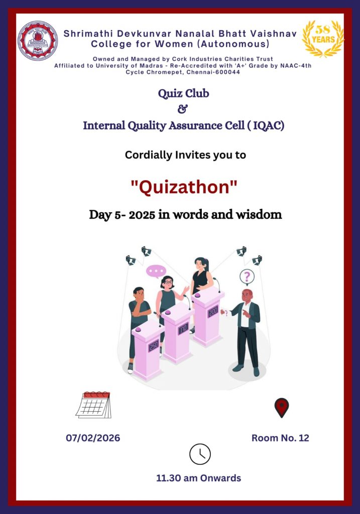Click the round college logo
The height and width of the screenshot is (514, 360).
coord(38,41)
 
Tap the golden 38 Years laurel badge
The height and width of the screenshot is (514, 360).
coord(323,38)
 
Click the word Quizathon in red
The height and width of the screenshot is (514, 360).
coord(184,187)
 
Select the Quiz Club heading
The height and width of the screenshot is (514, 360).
coord(184,93)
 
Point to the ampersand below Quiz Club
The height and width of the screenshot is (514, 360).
coord(182,109)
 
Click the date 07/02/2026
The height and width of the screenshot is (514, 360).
coord(93,438)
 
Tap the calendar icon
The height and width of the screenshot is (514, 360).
coord(93,405)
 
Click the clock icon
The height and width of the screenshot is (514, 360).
coord(200,454)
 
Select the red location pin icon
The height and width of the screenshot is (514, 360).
coord(282,408)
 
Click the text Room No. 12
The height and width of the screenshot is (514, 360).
coord(280,438)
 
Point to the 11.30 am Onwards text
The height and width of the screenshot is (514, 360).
coord(199,478)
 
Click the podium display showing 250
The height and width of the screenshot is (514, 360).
coord(154,345)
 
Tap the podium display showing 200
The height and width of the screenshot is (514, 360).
coord(213,311)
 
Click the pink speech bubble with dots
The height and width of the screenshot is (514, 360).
coord(156,272)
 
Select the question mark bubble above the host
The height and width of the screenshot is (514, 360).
coord(247,277)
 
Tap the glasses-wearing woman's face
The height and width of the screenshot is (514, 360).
coord(168,283)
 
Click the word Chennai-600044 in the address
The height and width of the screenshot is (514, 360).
coord(213,72)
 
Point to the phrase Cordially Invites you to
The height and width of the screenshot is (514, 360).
coord(186,155)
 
